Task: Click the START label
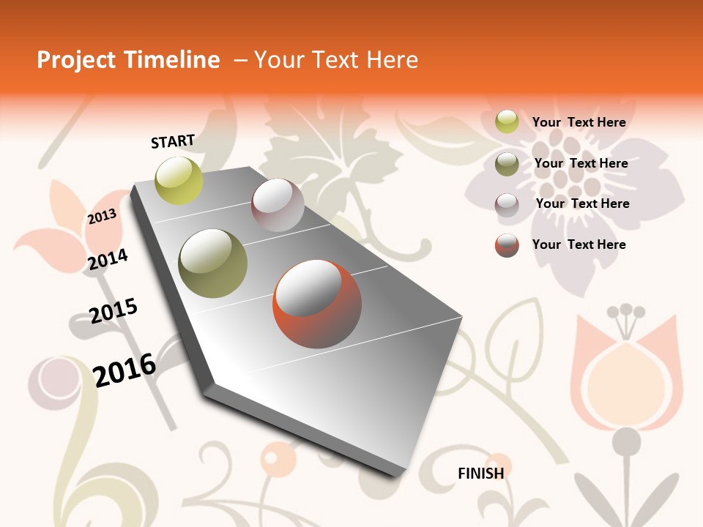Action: coord(173,141)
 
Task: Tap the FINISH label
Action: coord(481,474)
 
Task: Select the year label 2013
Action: coord(103,217)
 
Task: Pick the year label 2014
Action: coord(108,259)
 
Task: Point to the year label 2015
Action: coord(114,311)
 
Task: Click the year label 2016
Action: coord(125,370)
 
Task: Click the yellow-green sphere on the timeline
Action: coord(179,181)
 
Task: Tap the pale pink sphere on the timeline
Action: coord(278,206)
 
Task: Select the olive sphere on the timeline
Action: coord(213,263)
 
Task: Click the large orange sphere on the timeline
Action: coord(317,304)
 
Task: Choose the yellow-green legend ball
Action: coord(507,122)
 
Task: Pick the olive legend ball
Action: coord(507,164)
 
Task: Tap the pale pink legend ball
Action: coord(507,204)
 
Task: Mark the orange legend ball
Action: coord(507,245)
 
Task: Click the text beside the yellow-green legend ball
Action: coord(579,122)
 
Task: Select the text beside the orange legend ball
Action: coord(579,244)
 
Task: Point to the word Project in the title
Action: coord(75,60)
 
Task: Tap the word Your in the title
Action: coord(278,60)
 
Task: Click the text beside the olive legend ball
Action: coord(581,163)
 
